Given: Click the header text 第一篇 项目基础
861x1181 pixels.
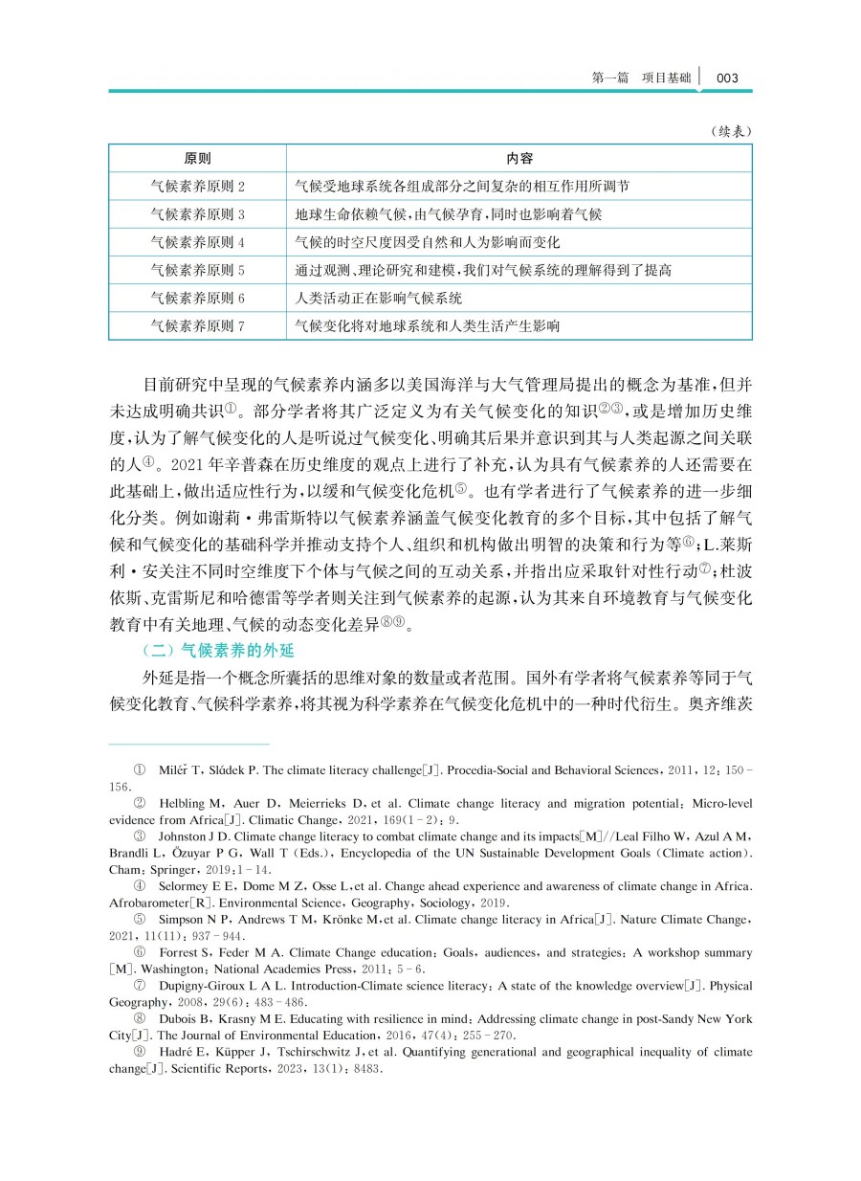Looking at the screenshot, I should (641, 78).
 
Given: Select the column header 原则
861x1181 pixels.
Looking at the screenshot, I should (198, 159).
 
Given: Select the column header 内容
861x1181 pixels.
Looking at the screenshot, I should (519, 159).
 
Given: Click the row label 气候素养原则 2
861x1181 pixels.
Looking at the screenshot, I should (198, 187).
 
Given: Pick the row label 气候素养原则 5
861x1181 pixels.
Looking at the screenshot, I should (198, 270).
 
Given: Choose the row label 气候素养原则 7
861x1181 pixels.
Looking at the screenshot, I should (198, 326).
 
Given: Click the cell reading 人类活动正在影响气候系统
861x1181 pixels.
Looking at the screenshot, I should (379, 299).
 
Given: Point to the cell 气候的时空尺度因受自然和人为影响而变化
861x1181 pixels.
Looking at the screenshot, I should (428, 242).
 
